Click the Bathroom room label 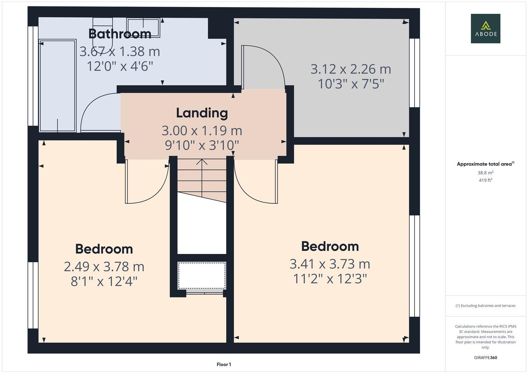tap(120, 34)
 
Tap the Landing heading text tap(202, 113)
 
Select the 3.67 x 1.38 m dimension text tap(120, 51)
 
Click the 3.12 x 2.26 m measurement tap(351, 69)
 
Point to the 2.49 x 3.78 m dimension tap(104, 266)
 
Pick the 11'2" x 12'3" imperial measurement tap(330, 278)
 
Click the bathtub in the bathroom tap(57, 86)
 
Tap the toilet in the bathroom tap(103, 35)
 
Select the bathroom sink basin tap(143, 28)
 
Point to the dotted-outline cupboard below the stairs tap(202, 275)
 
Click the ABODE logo tap(485, 29)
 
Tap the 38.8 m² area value tap(485, 173)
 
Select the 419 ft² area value tap(485, 180)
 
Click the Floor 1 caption tap(224, 364)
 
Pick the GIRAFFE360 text tap(485, 357)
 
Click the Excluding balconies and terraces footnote tap(485, 306)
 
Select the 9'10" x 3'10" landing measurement tap(202, 145)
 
